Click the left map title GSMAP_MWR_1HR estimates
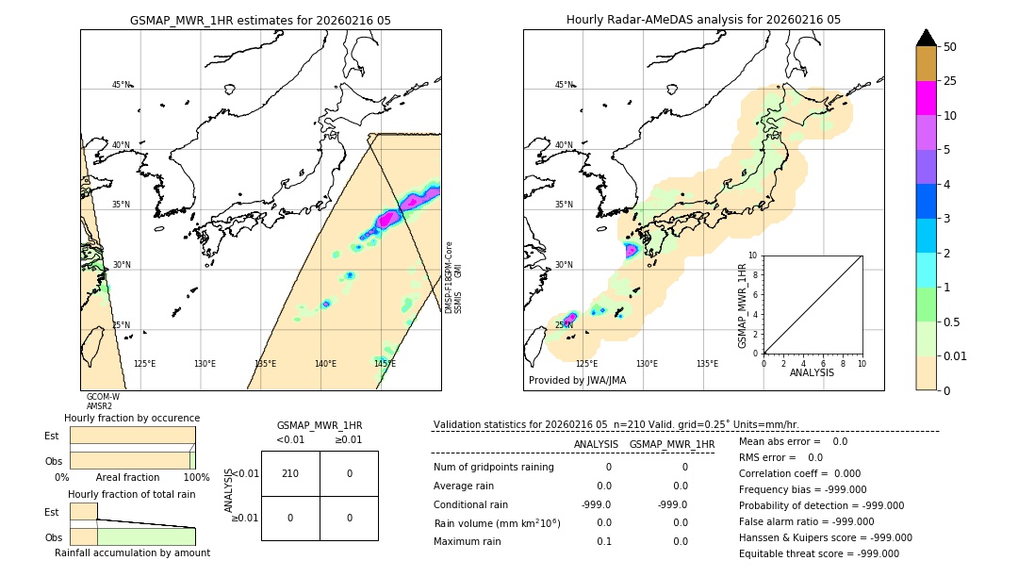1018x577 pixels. click(x=260, y=20)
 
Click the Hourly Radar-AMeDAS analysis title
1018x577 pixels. click(x=703, y=20)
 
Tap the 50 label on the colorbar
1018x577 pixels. click(x=950, y=47)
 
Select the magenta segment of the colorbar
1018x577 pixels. click(x=927, y=98)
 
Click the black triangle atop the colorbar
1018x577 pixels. click(x=927, y=38)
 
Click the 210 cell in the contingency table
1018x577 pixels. click(x=290, y=473)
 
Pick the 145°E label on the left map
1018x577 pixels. click(x=385, y=364)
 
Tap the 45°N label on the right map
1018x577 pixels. click(x=564, y=86)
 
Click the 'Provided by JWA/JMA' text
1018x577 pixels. click(x=577, y=381)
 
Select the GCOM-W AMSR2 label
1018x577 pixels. click(x=103, y=402)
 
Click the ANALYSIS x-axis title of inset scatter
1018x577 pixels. click(x=812, y=373)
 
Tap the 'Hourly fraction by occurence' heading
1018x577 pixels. click(x=132, y=418)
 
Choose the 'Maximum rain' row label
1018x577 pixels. click(x=468, y=542)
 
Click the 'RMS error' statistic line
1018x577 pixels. click(x=780, y=457)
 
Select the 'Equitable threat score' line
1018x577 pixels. click(x=818, y=553)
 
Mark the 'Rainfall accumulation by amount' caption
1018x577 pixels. click(x=132, y=552)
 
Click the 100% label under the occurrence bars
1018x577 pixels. click(x=195, y=478)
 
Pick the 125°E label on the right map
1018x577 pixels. click(x=586, y=364)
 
